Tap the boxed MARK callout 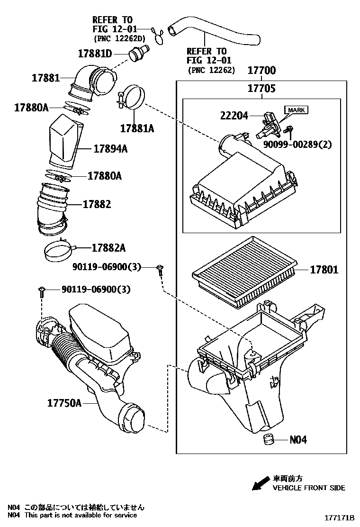coord(296,110)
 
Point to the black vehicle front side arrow coord(261,483)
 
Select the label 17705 coord(261,88)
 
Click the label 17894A coord(110,149)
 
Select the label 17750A coord(64,403)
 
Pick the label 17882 coord(97,204)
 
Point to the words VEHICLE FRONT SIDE coord(308,488)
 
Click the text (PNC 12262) coord(211,70)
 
